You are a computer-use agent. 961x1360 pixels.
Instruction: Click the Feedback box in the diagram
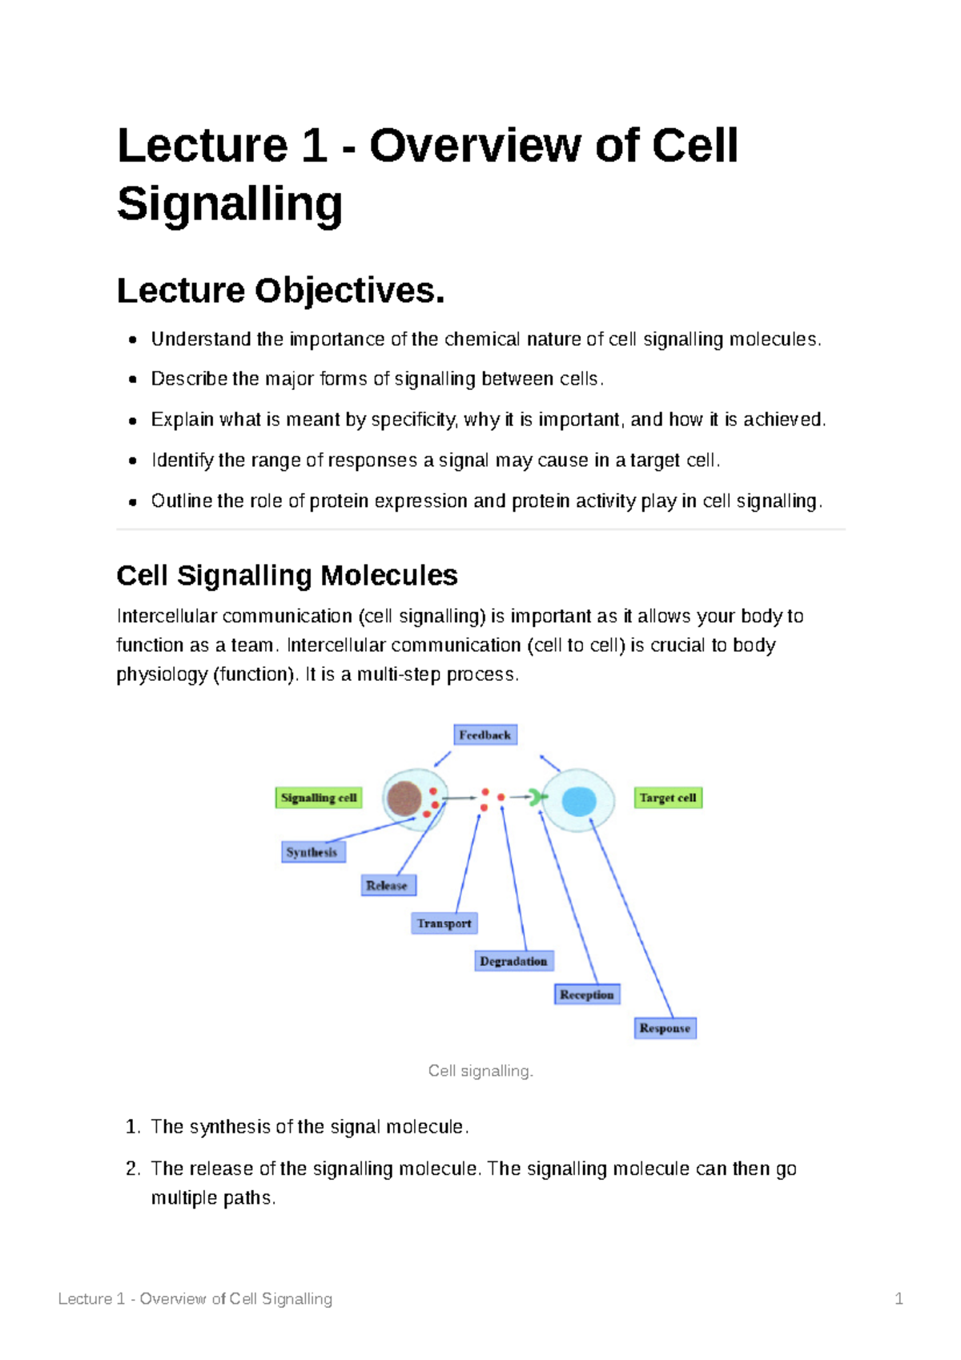[485, 734]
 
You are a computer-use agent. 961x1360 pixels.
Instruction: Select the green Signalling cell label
[319, 798]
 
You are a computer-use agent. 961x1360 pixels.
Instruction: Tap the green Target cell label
[668, 798]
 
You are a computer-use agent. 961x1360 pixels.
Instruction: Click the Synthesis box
[313, 852]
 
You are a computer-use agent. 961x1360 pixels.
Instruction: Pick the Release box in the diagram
[388, 885]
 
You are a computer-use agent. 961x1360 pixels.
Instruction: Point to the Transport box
[444, 923]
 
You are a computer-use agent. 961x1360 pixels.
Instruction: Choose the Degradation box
[513, 961]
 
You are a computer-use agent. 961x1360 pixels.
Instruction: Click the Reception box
[587, 995]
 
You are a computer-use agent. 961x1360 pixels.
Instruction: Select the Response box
[665, 1028]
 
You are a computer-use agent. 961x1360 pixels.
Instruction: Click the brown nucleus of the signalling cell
[404, 799]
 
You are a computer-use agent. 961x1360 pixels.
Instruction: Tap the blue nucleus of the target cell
[579, 801]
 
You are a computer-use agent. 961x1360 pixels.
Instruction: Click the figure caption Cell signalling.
[480, 1071]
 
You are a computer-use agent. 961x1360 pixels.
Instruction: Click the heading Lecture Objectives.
[280, 291]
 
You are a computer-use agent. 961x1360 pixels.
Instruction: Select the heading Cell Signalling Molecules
[287, 575]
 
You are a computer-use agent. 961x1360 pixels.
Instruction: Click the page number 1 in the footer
[899, 1299]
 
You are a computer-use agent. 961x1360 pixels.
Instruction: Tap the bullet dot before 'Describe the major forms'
[133, 380]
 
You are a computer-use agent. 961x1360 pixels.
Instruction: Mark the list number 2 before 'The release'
[133, 1169]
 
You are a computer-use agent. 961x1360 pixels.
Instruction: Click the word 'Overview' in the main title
[476, 146]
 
